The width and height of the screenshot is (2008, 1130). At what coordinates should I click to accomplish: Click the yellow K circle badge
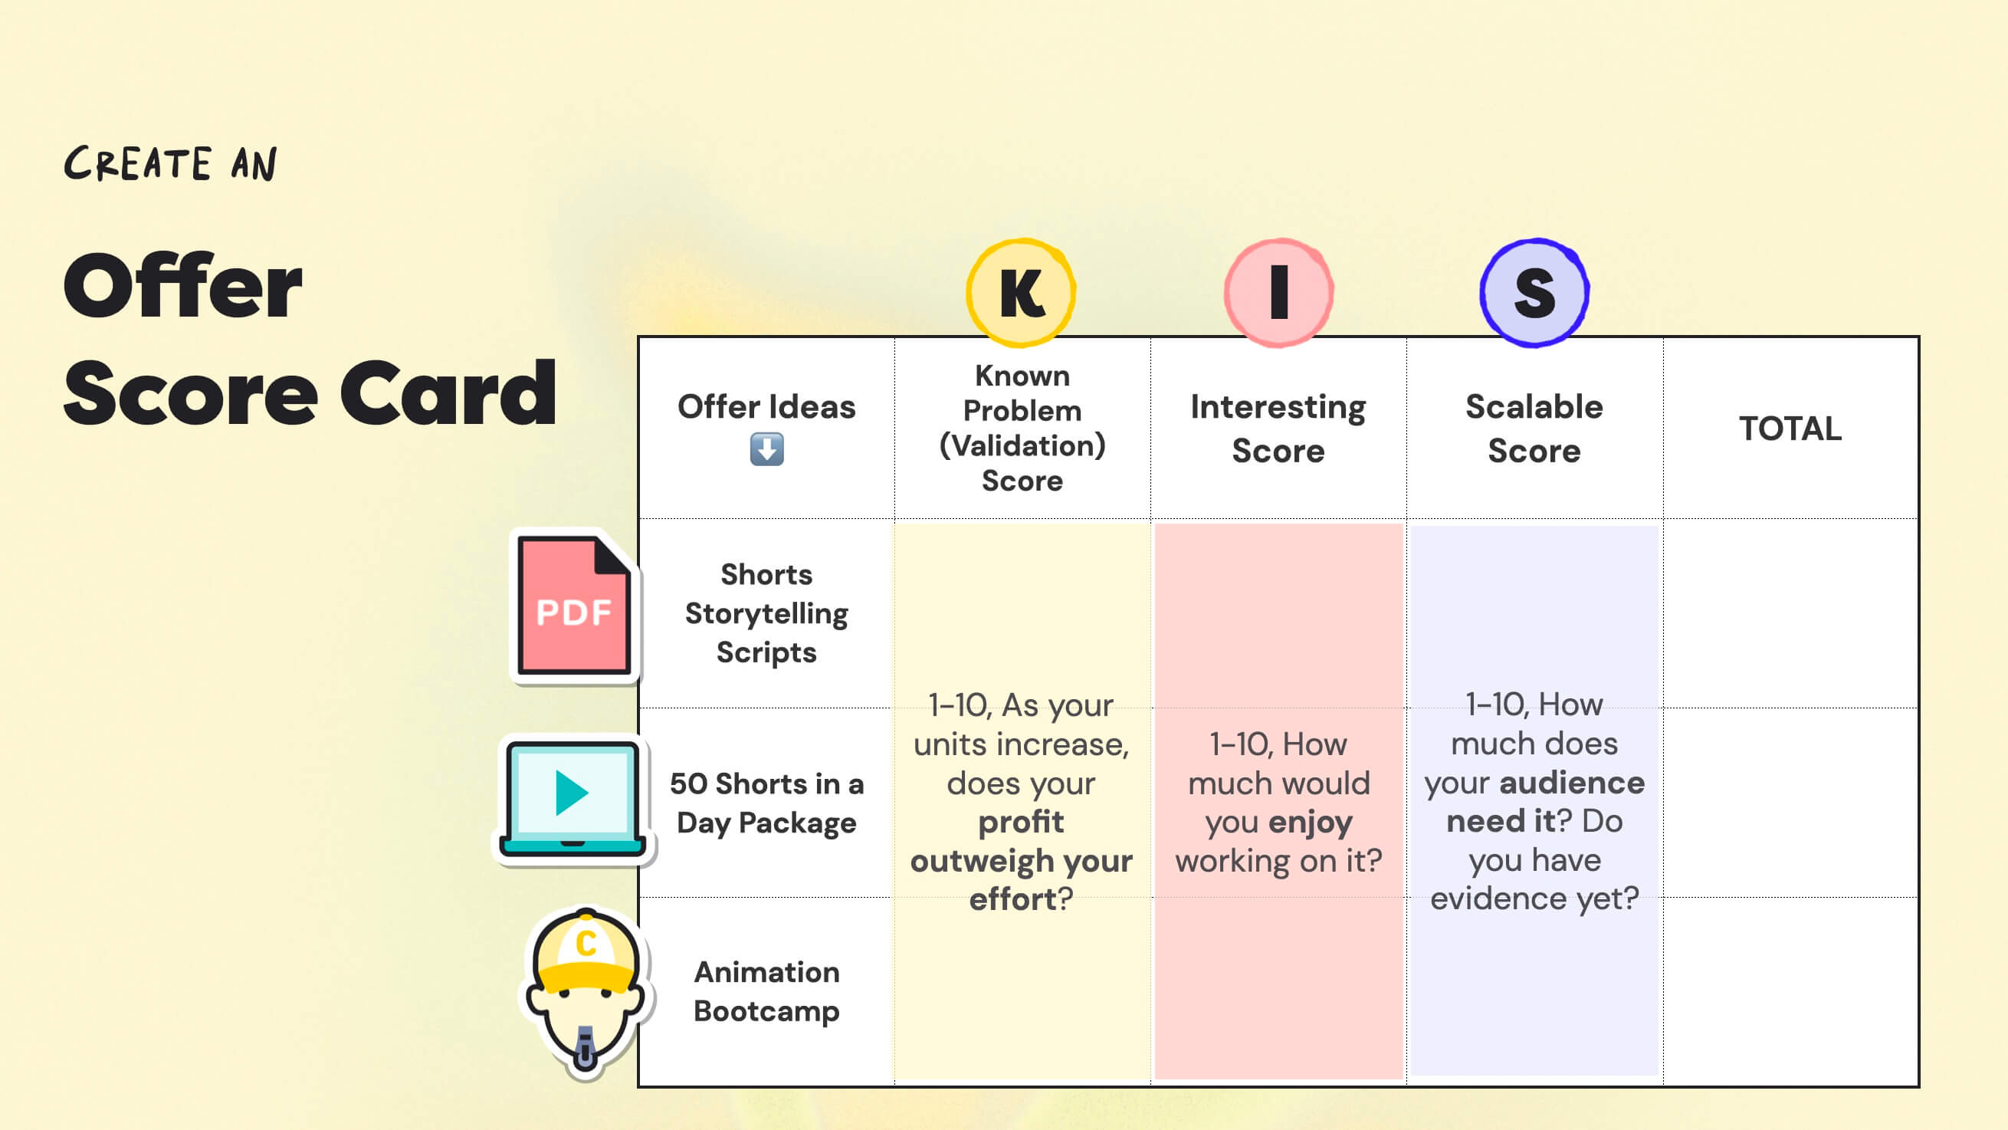(1020, 292)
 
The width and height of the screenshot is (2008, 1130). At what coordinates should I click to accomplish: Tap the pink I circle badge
(1278, 292)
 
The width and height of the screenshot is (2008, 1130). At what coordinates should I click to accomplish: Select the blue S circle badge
(1534, 292)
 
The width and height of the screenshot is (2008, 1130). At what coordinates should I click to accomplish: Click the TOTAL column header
(1790, 428)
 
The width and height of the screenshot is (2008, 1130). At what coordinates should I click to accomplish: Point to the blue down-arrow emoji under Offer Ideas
(766, 450)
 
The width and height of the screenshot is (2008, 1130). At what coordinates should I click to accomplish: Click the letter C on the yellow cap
(586, 944)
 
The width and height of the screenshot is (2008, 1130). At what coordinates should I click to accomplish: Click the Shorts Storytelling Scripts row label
(766, 613)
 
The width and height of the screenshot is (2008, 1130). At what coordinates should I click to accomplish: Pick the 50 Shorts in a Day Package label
(766, 803)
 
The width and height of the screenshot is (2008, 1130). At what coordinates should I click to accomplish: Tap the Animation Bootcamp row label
(766, 991)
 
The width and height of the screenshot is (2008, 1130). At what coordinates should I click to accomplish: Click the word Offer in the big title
(182, 287)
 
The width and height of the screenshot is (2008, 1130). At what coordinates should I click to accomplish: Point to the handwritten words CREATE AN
(170, 164)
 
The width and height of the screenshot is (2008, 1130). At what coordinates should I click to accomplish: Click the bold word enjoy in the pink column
(1310, 822)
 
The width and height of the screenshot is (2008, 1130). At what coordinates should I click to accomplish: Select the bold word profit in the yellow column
(1020, 822)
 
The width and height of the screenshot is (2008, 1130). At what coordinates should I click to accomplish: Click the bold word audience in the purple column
(1571, 782)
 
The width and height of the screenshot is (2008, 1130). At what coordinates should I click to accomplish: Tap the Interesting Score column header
(1278, 428)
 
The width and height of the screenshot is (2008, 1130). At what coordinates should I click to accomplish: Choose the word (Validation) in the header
(1022, 445)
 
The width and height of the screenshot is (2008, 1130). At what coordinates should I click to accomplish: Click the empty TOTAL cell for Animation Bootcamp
(1790, 991)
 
